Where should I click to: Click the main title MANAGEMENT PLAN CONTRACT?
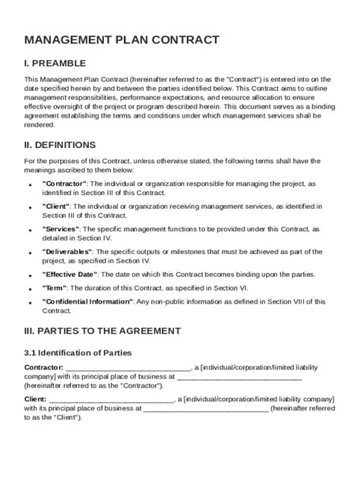[122, 39]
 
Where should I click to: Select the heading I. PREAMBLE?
[66, 64]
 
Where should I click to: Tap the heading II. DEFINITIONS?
[71, 144]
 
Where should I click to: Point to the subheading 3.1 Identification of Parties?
[78, 353]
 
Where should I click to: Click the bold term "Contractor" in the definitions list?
[66, 184]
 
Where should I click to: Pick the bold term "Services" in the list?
[61, 228]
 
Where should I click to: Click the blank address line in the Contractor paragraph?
[239, 376]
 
